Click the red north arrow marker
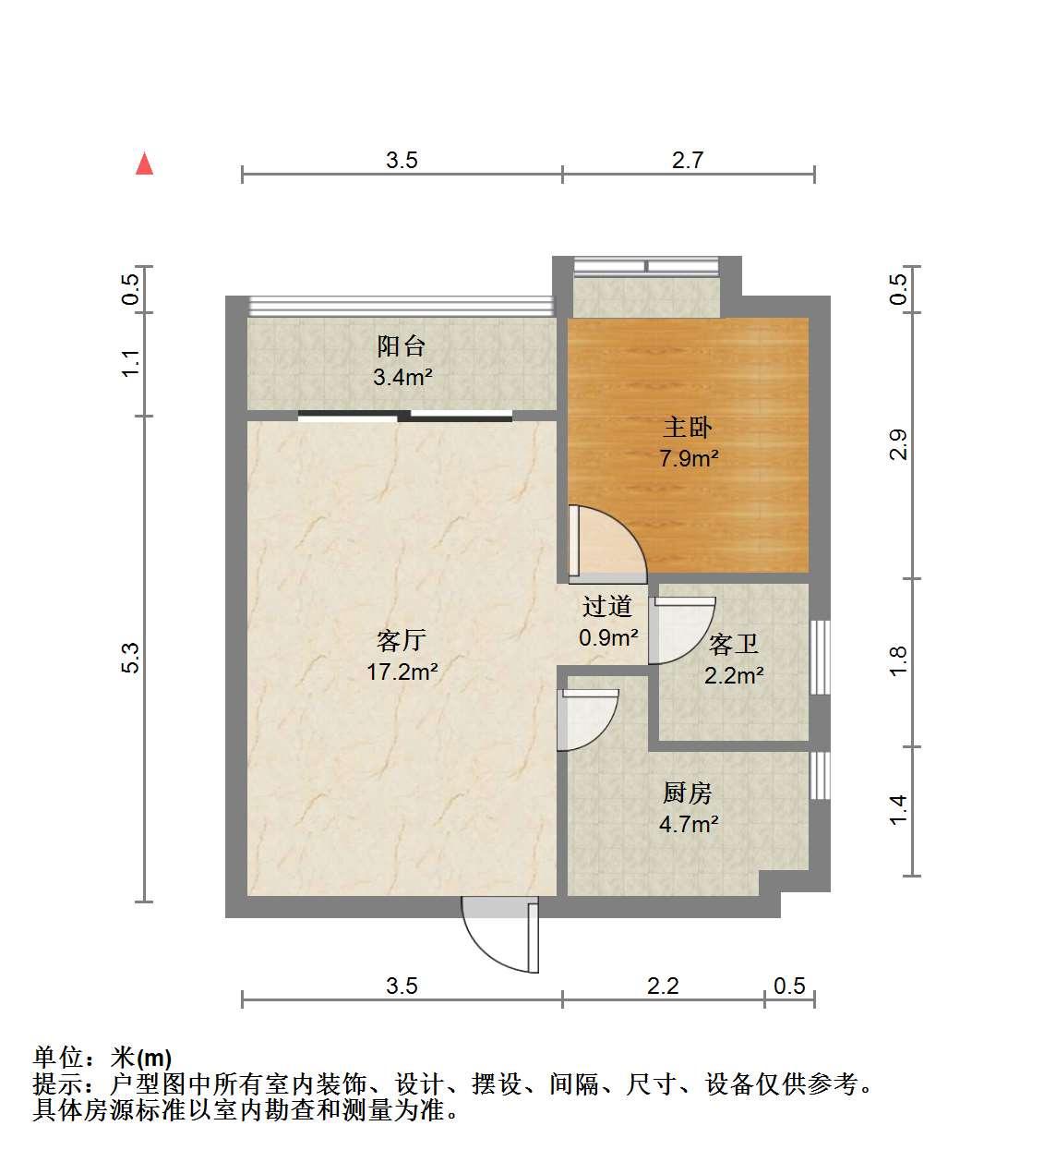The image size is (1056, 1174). [x=144, y=164]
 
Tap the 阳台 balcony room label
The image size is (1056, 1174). [x=401, y=345]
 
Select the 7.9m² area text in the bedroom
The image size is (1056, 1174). [x=689, y=457]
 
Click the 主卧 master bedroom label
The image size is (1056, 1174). [x=688, y=428]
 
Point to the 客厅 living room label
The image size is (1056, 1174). [x=402, y=641]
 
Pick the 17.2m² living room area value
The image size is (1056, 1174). [x=402, y=672]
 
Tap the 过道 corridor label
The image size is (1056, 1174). [x=607, y=606]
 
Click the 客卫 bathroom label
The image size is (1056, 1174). [x=734, y=645]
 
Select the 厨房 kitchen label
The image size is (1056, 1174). [x=688, y=793]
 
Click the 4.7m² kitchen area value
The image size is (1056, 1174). [x=689, y=824]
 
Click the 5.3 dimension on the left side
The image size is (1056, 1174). [x=131, y=658]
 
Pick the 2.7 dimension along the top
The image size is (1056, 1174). [x=688, y=160]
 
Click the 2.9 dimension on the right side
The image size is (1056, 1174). [x=898, y=445]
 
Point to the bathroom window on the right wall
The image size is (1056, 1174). [x=820, y=657]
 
